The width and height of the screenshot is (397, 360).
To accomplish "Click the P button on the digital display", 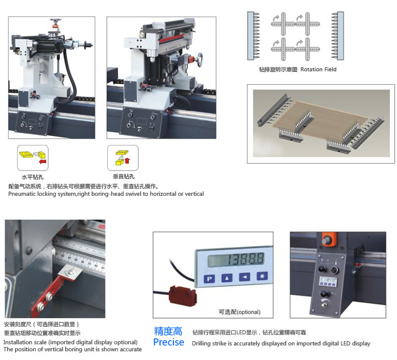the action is (210, 279).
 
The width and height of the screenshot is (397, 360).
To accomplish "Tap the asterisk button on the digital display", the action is (262, 276).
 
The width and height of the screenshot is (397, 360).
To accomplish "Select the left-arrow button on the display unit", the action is (245, 277).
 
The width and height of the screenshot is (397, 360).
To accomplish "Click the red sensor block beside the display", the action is (183, 296).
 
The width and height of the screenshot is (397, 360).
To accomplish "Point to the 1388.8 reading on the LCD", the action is (245, 259).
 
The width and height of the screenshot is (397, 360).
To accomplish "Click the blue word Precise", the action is (169, 342).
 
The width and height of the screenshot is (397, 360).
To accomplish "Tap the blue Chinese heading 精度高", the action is (168, 331).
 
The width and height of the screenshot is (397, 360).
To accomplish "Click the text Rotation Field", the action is (319, 69).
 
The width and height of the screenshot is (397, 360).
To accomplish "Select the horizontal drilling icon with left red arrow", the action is (33, 158).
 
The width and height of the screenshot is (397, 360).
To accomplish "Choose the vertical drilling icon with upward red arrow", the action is (123, 158).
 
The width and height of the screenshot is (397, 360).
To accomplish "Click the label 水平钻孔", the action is (33, 177).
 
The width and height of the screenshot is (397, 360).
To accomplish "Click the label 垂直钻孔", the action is (124, 176).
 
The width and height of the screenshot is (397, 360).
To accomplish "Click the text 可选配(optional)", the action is (239, 312).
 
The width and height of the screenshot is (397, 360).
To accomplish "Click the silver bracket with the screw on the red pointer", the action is (71, 273).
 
